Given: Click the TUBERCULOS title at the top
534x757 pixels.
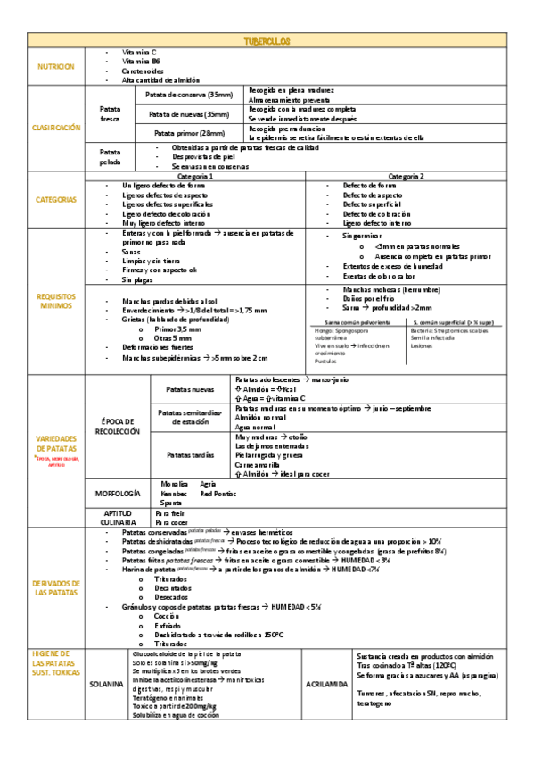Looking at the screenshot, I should [267, 42].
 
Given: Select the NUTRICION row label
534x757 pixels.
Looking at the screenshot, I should [56, 67].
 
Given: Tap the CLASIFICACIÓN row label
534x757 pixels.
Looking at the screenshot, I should [56, 128].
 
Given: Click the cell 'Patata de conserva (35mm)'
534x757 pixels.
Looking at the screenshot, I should [189, 95].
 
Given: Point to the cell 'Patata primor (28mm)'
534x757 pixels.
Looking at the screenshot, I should [189, 133].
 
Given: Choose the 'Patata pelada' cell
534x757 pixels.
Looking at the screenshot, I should [111, 157].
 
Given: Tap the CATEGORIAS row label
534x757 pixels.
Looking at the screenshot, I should [56, 199].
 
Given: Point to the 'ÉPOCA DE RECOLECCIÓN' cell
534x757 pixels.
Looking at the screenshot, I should [117, 426].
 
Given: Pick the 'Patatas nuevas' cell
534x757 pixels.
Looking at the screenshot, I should [191, 390].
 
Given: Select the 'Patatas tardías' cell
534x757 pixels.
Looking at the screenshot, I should [191, 454].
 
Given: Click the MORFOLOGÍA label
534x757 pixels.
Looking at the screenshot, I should [117, 493].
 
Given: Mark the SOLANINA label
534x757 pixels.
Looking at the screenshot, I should [107, 685].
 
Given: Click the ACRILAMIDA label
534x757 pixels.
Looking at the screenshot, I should [325, 685].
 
